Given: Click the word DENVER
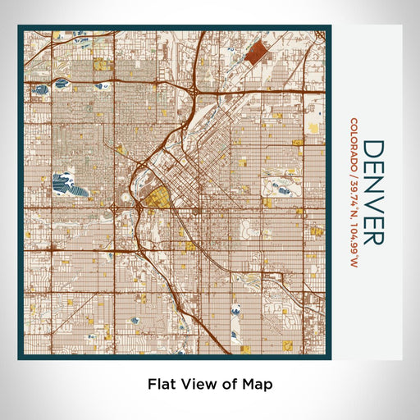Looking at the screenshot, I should pos(373,192).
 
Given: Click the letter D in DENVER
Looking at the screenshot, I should pos(373,148).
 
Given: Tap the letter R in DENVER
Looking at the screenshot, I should pos(373,235).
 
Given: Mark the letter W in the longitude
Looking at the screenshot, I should pos(354,263).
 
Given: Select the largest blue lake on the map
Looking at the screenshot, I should pos(65,183).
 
